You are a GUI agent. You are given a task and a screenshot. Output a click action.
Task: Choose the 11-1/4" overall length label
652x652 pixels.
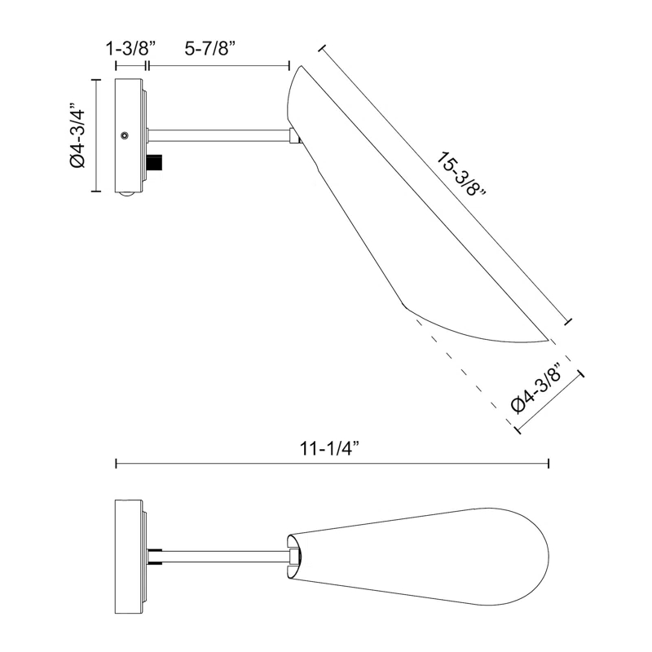tap(330, 447)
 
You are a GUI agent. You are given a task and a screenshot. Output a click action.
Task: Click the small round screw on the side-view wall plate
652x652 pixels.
tap(123, 136)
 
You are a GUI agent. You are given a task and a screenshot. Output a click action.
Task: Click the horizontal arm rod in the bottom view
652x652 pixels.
tap(220, 555)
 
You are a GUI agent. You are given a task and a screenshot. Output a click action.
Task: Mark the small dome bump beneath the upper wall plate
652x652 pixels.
tap(125, 194)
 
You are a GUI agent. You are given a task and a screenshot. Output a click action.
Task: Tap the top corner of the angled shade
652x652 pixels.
tap(302, 67)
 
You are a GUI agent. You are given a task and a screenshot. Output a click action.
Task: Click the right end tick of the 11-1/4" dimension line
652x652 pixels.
tap(548, 464)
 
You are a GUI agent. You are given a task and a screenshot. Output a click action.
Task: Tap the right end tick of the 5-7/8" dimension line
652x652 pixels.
tap(289, 65)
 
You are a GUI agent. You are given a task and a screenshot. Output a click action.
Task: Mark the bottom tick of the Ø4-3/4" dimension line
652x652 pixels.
tap(96, 192)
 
